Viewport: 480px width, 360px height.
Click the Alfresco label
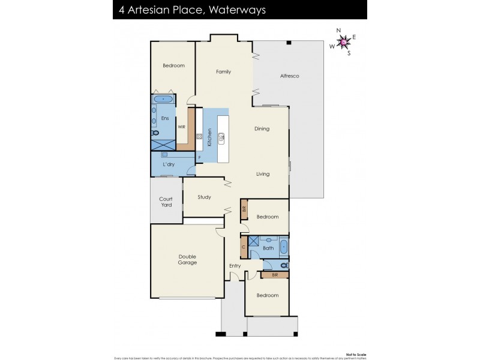289,76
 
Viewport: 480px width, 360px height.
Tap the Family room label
223,72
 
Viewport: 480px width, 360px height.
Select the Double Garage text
187,260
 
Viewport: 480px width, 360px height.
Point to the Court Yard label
166,202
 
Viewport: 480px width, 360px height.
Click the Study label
204,197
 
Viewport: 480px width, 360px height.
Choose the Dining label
262,129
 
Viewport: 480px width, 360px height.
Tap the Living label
263,174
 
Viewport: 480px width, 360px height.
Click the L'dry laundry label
168,164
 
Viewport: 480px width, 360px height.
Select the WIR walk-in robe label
181,127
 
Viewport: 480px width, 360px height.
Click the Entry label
235,265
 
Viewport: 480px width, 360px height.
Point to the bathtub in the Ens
163,99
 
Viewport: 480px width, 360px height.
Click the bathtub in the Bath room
283,247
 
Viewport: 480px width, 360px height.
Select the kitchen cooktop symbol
199,136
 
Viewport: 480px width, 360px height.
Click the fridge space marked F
199,158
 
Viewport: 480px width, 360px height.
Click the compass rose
343,41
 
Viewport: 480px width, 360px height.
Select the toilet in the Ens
155,133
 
